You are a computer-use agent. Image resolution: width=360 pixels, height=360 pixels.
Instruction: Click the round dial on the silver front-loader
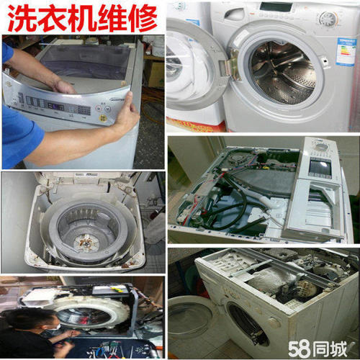(328, 19)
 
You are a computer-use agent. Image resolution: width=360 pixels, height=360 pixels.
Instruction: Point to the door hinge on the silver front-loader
(234, 64)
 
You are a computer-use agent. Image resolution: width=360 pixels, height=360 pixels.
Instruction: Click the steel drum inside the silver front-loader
(283, 72)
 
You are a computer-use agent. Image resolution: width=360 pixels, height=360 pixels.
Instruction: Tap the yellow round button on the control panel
(103, 118)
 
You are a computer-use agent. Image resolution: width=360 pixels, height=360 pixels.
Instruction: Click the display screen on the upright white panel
(320, 167)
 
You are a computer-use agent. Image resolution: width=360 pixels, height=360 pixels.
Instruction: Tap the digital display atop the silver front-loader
(276, 6)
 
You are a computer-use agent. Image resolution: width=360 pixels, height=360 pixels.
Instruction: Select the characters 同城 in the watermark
(330, 349)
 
